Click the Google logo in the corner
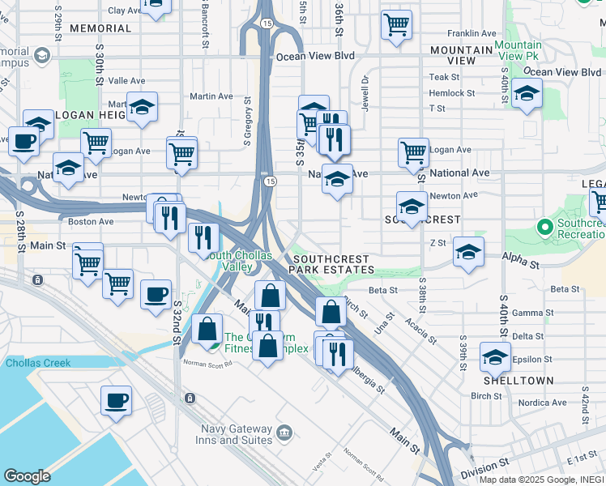[27, 476]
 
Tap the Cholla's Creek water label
[38, 363]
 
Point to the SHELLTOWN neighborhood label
[519, 380]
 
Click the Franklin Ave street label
[469, 34]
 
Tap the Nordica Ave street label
[542, 403]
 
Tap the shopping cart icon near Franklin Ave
[396, 25]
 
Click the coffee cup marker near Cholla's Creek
[116, 400]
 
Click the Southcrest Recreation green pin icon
[544, 226]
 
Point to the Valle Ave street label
[126, 81]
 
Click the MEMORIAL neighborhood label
[100, 28]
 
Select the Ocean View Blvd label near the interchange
[316, 57]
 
